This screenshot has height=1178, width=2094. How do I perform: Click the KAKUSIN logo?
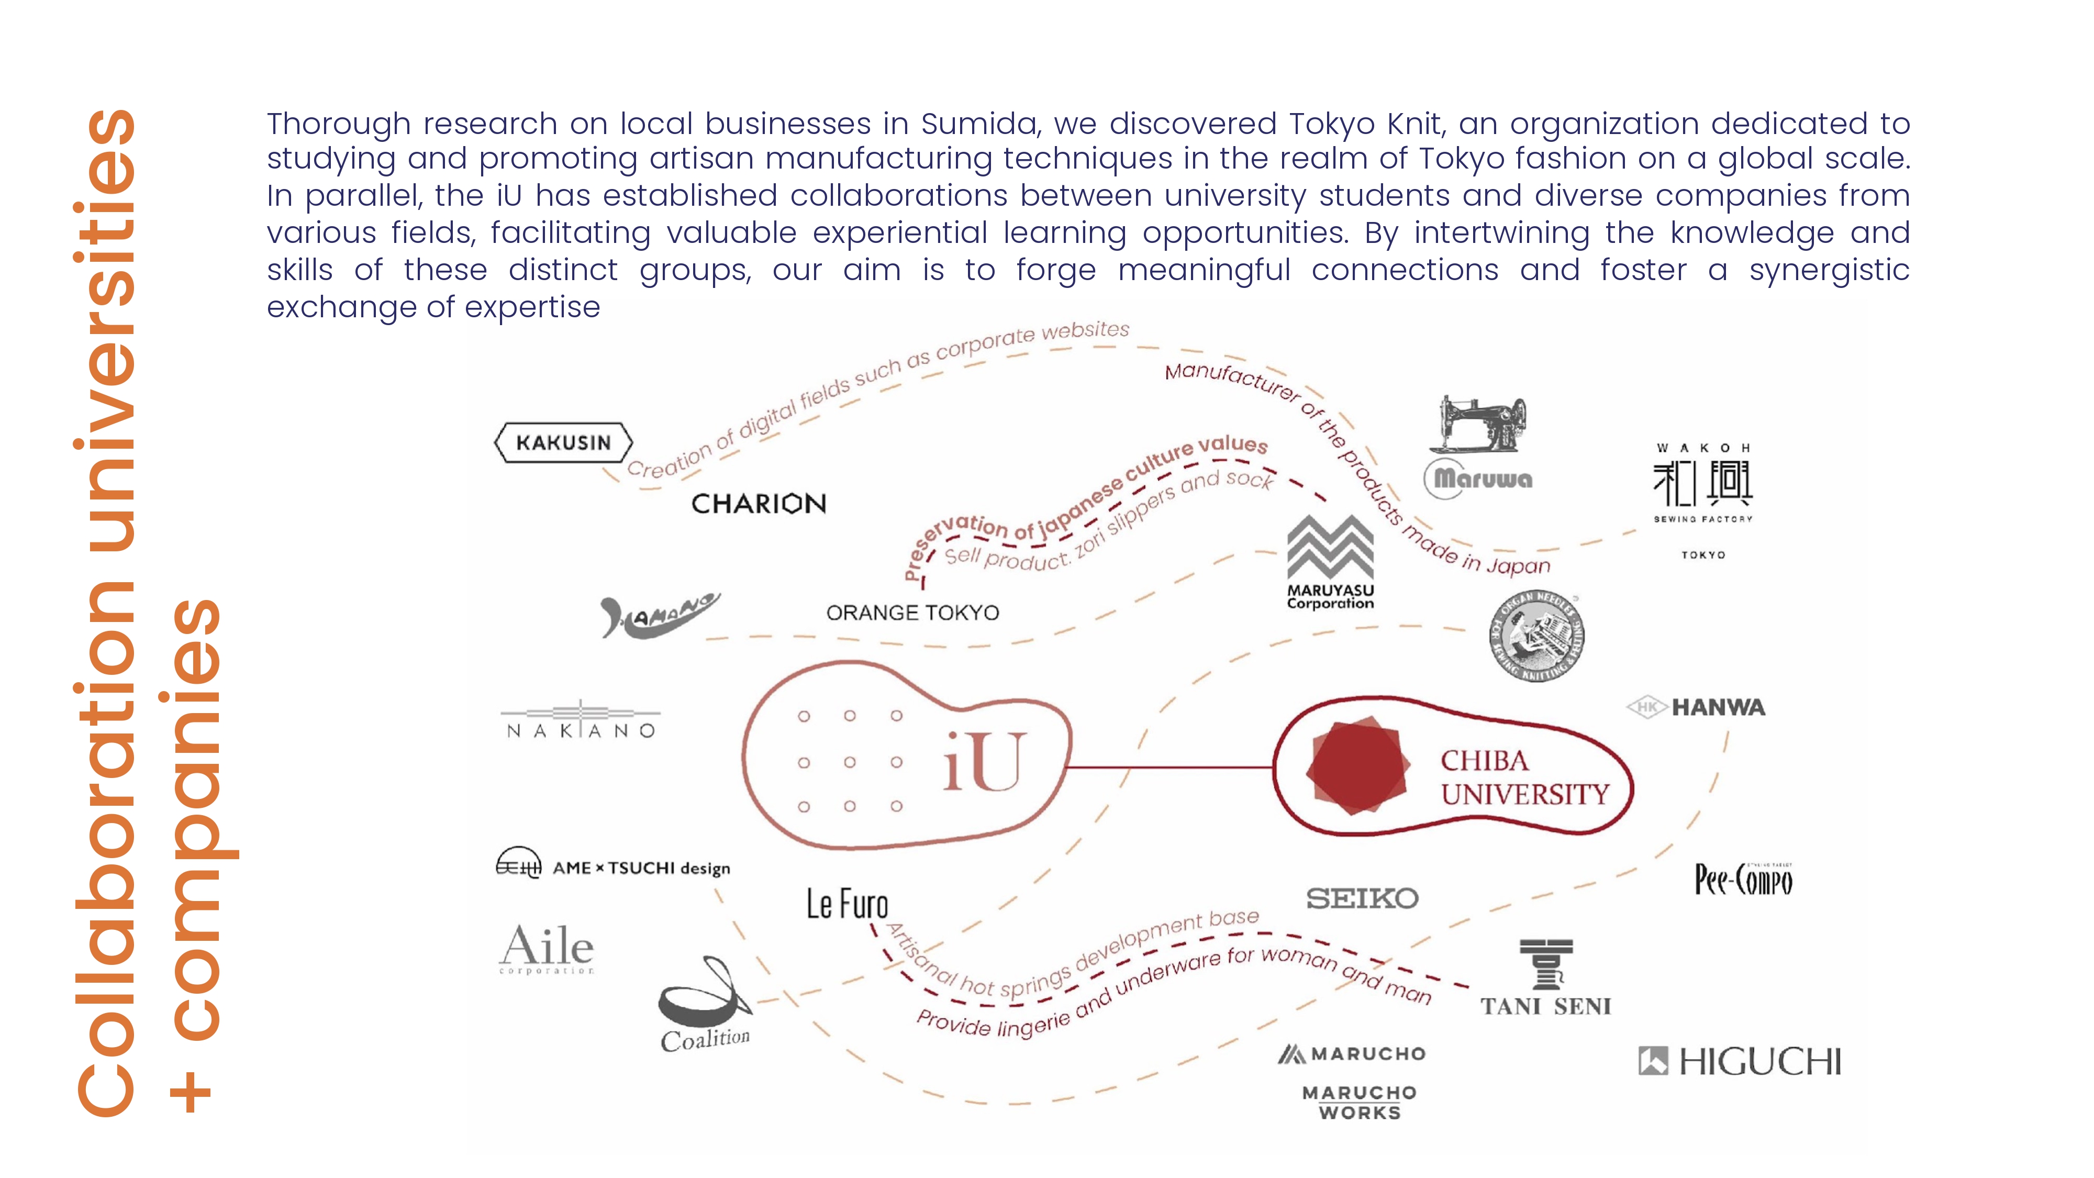pyautogui.click(x=563, y=442)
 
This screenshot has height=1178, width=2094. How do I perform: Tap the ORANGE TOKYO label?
pyautogui.click(x=912, y=612)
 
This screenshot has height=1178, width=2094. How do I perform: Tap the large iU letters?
pyautogui.click(x=984, y=762)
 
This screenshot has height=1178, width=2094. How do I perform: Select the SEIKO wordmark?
pyautogui.click(x=1362, y=898)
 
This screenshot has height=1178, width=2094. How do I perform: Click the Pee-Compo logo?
pyautogui.click(x=1744, y=880)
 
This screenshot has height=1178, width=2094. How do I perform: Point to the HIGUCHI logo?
pyautogui.click(x=1740, y=1061)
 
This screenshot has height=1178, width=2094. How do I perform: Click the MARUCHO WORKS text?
pyautogui.click(x=1359, y=1103)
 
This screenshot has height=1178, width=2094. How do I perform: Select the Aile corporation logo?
pyautogui.click(x=546, y=948)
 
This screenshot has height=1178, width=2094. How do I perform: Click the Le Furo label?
pyautogui.click(x=847, y=903)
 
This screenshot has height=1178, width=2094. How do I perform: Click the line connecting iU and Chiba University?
pyautogui.click(x=1171, y=766)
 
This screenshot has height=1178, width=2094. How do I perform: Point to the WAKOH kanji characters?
pyautogui.click(x=1703, y=483)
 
